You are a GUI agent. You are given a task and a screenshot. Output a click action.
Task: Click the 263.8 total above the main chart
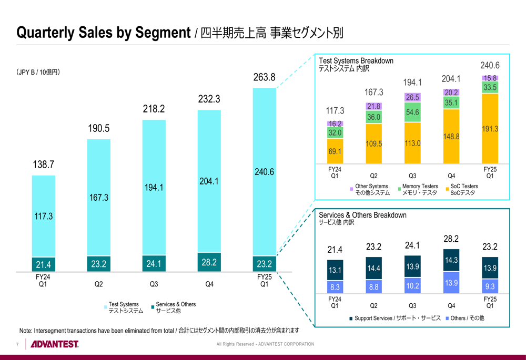pos(264,77)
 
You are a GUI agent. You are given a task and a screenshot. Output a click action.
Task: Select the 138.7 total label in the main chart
pos(44,164)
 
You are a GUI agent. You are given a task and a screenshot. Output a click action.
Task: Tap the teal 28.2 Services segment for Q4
pos(209,262)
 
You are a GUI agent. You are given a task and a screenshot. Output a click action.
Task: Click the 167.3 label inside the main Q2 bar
pos(99,198)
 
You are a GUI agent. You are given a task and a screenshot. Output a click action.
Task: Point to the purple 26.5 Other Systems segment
pos(412,97)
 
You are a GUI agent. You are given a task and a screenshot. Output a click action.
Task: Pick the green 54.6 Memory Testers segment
pos(412,112)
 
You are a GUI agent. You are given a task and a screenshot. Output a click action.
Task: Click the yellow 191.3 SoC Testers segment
pos(490,129)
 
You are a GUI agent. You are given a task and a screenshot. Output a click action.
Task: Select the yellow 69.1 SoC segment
pos(335,151)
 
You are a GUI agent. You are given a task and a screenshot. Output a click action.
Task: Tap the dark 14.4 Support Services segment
pos(373,268)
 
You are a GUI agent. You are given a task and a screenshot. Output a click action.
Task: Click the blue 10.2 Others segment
pos(412,285)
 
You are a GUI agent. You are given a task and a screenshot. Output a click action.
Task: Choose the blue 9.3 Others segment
pos(490,286)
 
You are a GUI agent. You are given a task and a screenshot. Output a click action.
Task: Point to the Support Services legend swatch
pos(351,318)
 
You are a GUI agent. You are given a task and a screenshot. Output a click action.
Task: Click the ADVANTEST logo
pos(55,345)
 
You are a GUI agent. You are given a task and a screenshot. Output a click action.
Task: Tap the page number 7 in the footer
pos(17,345)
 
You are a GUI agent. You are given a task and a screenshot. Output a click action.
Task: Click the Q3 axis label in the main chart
pos(154,284)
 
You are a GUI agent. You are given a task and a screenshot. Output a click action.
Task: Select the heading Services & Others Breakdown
pos(362,215)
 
